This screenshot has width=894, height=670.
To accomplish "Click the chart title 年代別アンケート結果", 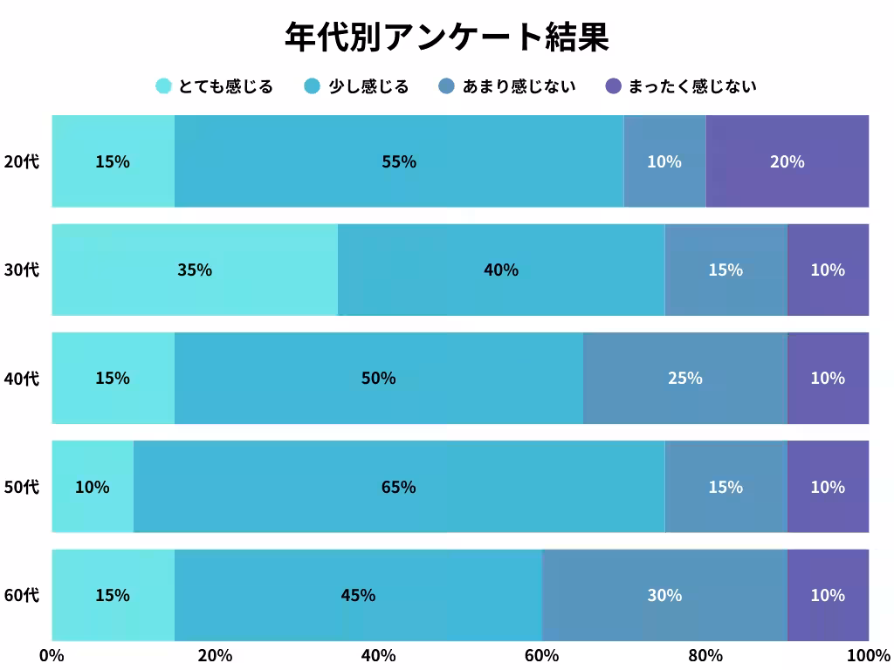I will [x=446, y=38].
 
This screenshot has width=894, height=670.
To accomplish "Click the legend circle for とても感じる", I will [x=163, y=85].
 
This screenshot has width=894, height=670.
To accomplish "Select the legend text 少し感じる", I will [x=368, y=86].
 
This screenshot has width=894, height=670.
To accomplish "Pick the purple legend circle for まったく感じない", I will [x=614, y=85].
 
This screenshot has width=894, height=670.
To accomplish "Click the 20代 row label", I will [x=22, y=161].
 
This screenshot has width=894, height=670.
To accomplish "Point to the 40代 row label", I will [x=22, y=378].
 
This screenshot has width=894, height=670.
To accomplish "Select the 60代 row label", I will [x=22, y=595].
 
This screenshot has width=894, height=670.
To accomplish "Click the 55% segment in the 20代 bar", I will [x=399, y=161].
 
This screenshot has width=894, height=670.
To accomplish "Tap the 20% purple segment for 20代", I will [x=787, y=161].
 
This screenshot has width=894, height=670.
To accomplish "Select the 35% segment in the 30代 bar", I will [x=195, y=270].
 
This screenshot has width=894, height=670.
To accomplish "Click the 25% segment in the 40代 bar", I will [x=684, y=378].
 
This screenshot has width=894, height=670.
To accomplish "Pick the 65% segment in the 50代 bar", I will [x=399, y=487].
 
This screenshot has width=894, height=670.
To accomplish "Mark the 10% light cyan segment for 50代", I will [x=93, y=487].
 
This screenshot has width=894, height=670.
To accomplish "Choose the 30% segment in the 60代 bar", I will [x=664, y=595].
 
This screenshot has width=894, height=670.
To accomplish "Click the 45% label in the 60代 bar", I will [x=358, y=595].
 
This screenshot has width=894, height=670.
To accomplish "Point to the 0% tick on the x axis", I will [x=52, y=655].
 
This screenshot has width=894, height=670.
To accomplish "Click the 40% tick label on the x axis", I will [x=378, y=655].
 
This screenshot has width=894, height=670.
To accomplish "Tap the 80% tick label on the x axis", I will [x=705, y=655].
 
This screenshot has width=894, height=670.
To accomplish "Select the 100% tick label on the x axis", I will [x=868, y=655].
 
